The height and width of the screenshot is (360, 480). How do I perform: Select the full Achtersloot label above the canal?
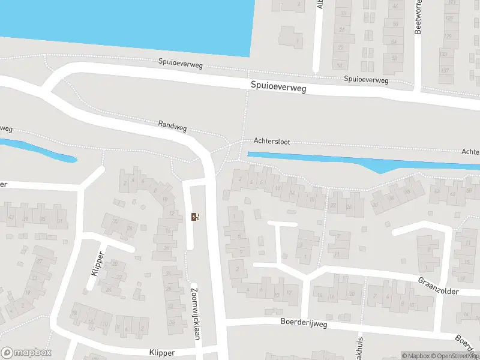click(x=272, y=142)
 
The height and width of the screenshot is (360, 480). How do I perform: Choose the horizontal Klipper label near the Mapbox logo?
click(x=163, y=353)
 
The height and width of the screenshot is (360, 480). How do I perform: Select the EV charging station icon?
click(x=194, y=217)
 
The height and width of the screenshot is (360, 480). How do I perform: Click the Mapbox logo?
click(x=27, y=353)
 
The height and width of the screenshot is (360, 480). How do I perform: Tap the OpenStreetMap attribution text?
click(x=457, y=356)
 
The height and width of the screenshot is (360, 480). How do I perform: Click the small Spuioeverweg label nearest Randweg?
click(x=181, y=62)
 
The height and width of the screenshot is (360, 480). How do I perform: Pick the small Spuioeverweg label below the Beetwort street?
click(x=366, y=79)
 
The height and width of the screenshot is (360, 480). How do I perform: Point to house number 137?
click(x=445, y=71)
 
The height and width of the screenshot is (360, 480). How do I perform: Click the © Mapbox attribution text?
click(x=415, y=356)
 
